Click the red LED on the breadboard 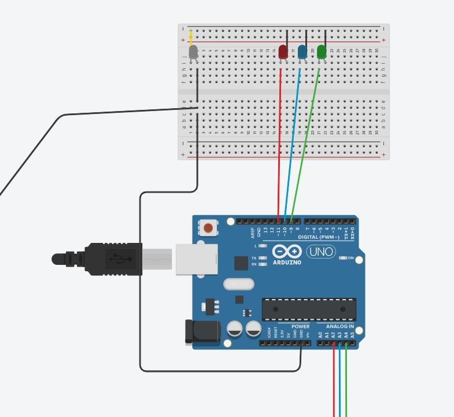[283, 52]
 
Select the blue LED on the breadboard [302, 52]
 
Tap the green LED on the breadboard [322, 52]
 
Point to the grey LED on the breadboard [194, 51]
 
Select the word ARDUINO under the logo [287, 262]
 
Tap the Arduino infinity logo [287, 252]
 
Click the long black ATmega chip [308, 309]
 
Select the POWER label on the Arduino [301, 327]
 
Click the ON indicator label [350, 258]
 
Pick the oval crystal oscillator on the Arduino [238, 284]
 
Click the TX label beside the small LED [254, 258]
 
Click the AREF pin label [252, 233]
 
